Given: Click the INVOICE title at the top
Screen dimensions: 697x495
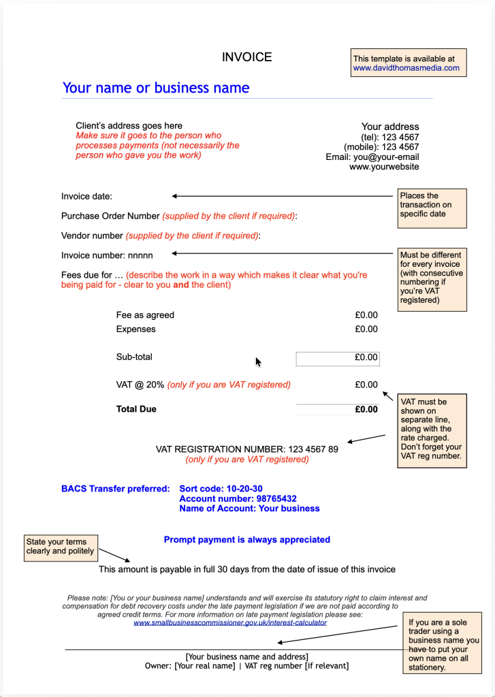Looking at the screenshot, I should click(x=246, y=57).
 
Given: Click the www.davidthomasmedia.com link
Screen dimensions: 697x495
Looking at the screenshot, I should click(x=406, y=68).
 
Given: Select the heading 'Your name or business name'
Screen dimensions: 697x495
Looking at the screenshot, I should click(x=156, y=88).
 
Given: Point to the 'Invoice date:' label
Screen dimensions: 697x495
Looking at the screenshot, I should click(x=86, y=197).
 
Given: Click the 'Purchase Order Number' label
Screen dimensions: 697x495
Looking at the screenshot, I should click(x=110, y=216).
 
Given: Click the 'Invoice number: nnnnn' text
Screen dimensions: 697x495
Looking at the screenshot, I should click(x=107, y=255).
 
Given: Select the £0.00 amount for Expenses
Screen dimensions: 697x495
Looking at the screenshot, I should click(x=366, y=329).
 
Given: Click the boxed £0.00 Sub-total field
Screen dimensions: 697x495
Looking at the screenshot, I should click(x=338, y=357).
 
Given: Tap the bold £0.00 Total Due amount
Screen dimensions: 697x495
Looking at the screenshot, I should click(x=366, y=410).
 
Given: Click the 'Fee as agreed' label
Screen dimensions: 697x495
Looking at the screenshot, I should click(x=145, y=315).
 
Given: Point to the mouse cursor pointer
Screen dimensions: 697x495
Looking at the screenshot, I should click(x=258, y=361).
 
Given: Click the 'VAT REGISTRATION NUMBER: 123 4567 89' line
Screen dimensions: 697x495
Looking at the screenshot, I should click(x=246, y=449).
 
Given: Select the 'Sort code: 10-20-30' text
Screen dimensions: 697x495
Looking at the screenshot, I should click(x=221, y=489).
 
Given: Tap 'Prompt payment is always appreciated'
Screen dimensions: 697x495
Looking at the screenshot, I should click(x=246, y=540).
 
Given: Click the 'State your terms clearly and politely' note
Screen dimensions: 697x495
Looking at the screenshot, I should click(x=61, y=547).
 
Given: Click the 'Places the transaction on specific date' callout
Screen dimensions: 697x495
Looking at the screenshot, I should click(x=432, y=205).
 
